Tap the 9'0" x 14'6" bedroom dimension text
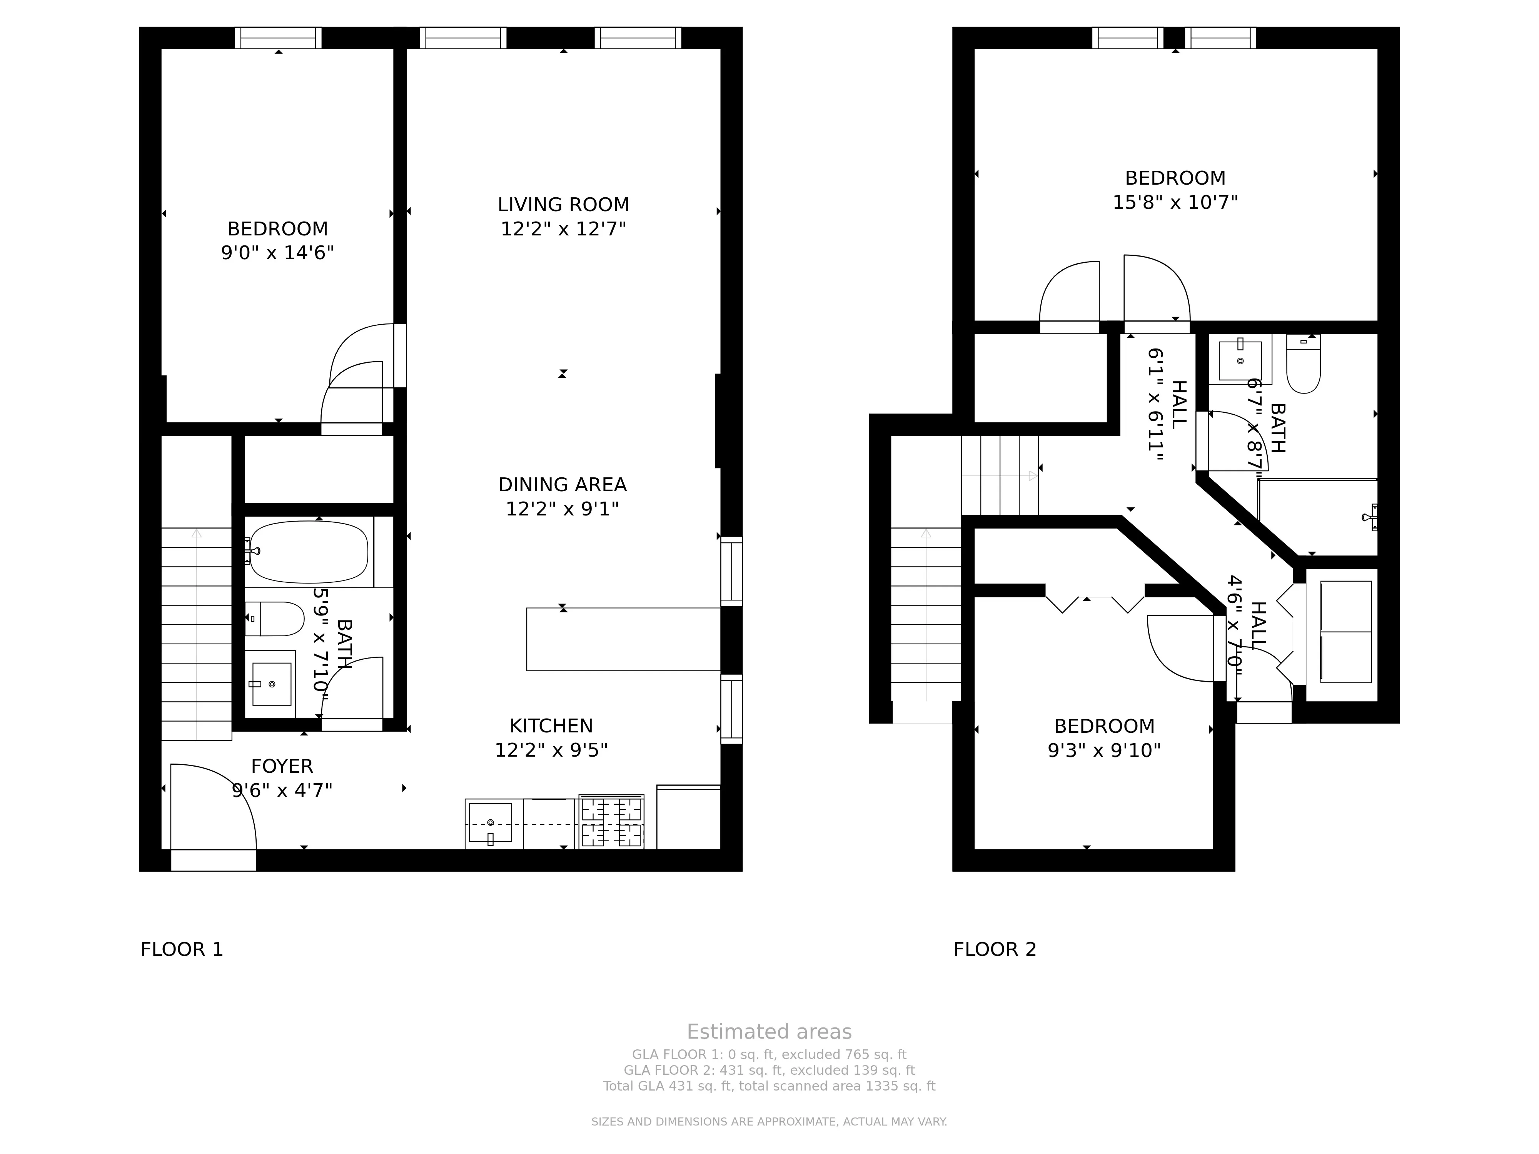[x=278, y=252]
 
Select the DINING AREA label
[x=562, y=485]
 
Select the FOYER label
[x=282, y=766]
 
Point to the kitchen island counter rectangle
[x=623, y=639]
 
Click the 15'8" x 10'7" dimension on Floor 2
[x=1175, y=202]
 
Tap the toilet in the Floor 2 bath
[x=1303, y=366]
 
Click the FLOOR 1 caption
[x=182, y=949]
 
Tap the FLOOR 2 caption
[x=994, y=949]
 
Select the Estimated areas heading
[x=769, y=1032]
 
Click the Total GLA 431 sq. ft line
[x=769, y=1086]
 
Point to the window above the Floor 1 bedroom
[x=278, y=38]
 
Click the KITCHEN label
[x=551, y=725]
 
